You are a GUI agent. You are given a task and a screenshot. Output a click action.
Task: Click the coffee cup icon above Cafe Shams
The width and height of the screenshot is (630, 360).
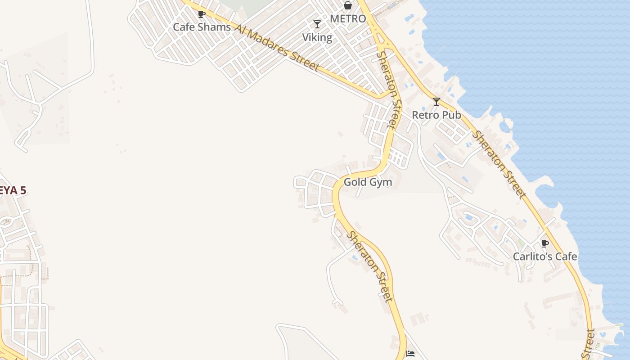pyautogui.click(x=201, y=14)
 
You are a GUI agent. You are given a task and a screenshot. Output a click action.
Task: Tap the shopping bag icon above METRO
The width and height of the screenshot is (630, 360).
pyautogui.click(x=347, y=5)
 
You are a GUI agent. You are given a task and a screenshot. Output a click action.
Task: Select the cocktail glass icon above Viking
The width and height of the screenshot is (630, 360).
pyautogui.click(x=317, y=24)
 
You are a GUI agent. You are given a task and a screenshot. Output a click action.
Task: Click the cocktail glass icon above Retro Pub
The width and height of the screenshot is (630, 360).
pyautogui.click(x=436, y=102)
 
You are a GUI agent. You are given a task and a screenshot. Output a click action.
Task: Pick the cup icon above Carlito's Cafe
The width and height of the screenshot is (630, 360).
pyautogui.click(x=544, y=243)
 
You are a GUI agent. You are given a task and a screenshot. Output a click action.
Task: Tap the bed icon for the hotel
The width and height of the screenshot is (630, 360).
pyautogui.click(x=410, y=354)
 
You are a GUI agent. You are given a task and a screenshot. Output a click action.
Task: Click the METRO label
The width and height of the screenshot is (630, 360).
pyautogui.click(x=348, y=19)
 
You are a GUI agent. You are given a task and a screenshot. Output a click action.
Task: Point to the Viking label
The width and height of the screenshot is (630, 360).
pyautogui.click(x=317, y=37)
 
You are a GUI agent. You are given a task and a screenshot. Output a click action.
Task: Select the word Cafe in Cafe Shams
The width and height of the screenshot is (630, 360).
pyautogui.click(x=184, y=27)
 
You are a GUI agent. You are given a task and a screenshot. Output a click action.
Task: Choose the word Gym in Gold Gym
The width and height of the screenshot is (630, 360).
pyautogui.click(x=380, y=183)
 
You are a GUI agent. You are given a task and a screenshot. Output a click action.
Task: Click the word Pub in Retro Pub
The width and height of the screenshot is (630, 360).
pyautogui.click(x=451, y=115)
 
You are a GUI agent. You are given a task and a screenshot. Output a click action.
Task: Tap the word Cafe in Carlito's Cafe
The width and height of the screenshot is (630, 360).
pyautogui.click(x=566, y=256)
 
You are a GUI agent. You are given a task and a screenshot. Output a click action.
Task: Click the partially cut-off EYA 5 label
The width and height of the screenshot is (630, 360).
pyautogui.click(x=13, y=190)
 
